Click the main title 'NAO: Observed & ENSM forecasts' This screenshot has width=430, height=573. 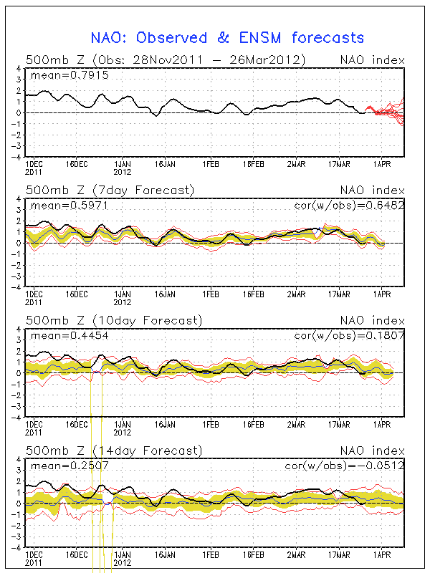point(227,38)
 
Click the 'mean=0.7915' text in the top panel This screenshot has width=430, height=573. point(69,74)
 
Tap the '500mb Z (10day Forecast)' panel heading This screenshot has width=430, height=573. point(113,320)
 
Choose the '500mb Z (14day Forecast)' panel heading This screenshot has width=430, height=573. point(113,451)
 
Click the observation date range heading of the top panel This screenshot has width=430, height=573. point(165,59)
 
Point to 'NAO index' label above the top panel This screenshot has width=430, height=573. point(373,59)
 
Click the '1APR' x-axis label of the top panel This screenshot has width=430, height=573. point(381,164)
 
